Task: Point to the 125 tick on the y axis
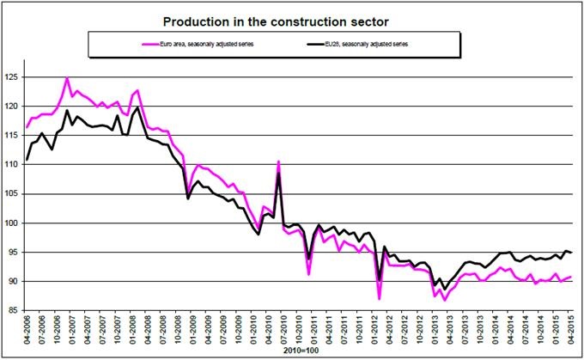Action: (15, 77)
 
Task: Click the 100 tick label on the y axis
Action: (15, 223)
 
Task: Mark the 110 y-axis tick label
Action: (15, 165)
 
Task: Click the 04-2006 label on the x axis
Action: (27, 332)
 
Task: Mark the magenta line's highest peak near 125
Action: (67, 78)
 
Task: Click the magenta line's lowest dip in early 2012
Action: (379, 298)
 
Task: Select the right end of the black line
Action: (572, 253)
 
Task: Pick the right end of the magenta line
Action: (572, 277)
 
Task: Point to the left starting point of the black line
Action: (27, 160)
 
